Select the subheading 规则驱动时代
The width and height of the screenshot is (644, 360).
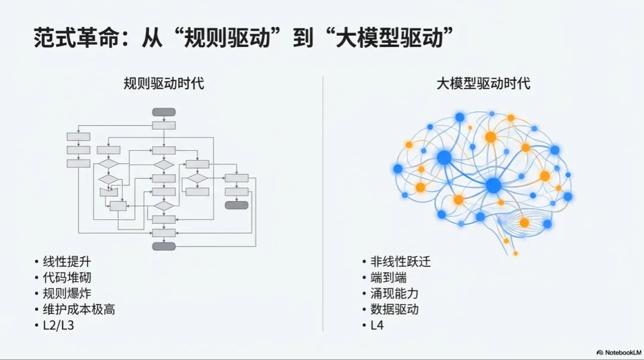point(163,83)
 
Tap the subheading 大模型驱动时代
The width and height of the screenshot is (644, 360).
point(483,83)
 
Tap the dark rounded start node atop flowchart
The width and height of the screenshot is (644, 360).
point(164,111)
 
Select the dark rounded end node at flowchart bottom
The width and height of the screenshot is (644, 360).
point(164,246)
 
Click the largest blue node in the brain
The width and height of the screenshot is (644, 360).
point(493,185)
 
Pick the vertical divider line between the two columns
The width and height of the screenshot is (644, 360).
point(323,203)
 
